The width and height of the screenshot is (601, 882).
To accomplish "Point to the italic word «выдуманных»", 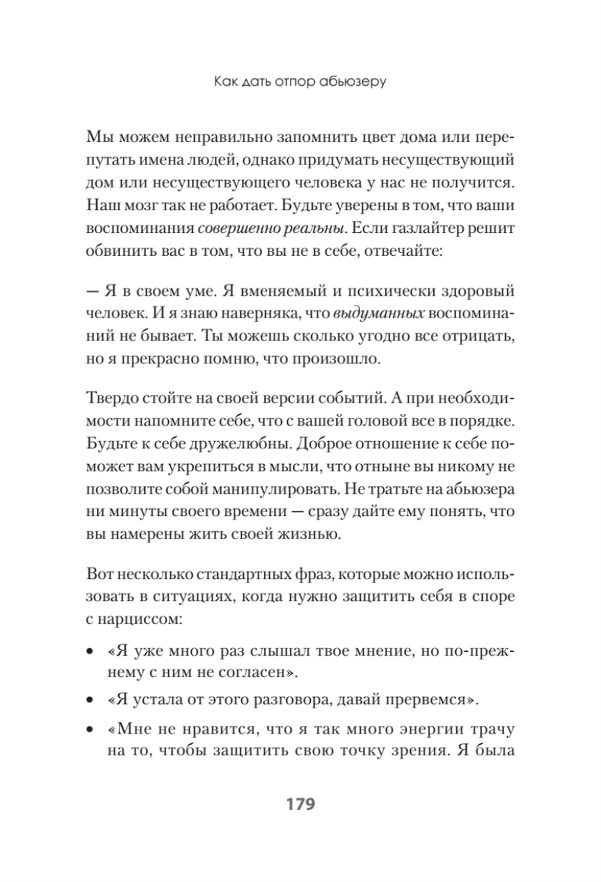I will pos(379,313).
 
